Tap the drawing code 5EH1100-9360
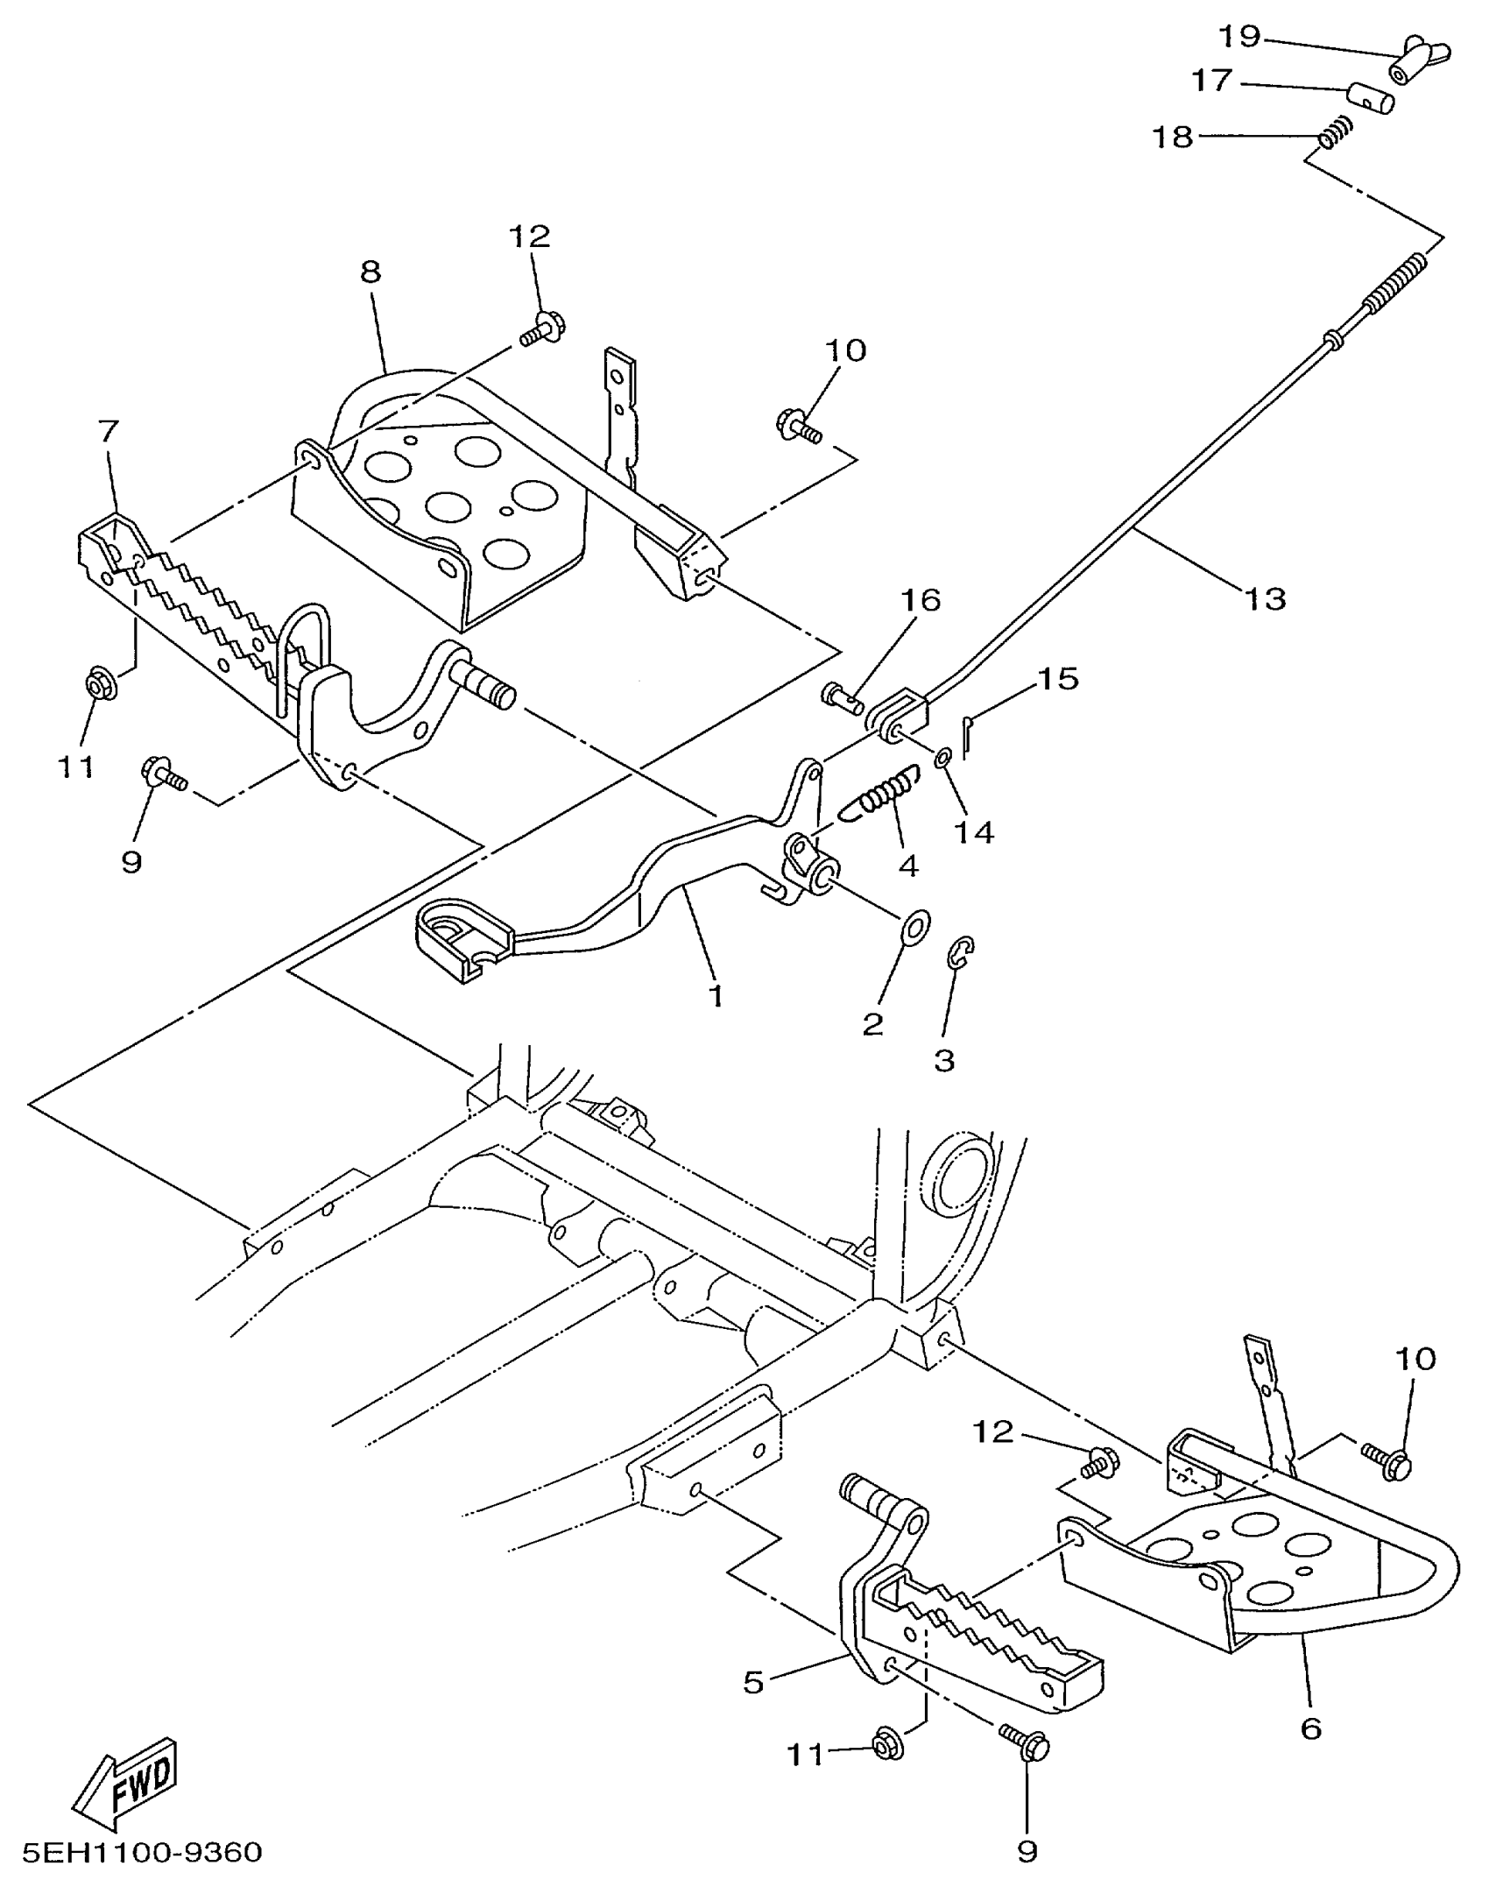[142, 1853]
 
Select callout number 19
[1239, 37]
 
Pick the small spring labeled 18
[1337, 132]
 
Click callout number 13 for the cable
[1265, 599]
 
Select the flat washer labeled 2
[915, 927]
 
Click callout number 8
[370, 272]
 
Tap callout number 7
[108, 431]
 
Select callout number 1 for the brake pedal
[716, 996]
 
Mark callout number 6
[1310, 1728]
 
